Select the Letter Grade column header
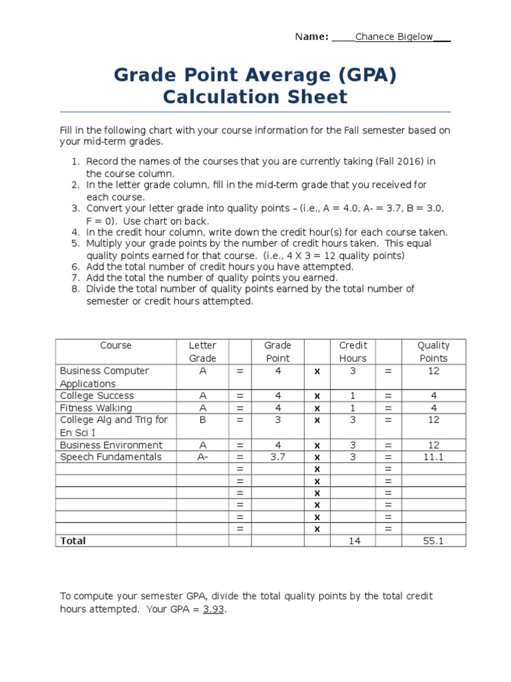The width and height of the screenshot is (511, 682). coord(203,352)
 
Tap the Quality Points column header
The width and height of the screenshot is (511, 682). coord(433,352)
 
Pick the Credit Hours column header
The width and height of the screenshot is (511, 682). coord(353,352)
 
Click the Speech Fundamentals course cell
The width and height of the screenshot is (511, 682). coord(111,457)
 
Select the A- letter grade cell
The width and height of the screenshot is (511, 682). coord(203,457)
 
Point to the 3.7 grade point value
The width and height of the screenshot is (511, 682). coord(278,457)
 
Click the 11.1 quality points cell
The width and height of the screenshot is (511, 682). coord(433,457)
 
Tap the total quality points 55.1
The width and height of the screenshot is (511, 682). coord(433,541)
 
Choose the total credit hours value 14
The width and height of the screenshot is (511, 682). coord(354,541)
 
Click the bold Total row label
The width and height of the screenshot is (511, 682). coord(73,541)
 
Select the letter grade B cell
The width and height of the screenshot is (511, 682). coord(203,420)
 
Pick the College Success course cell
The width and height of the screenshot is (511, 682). coord(97,396)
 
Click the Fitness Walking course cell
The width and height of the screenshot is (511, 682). coord(96,408)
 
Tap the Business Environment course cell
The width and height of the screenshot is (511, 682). coord(111,445)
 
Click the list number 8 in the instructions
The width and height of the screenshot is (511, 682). coord(75,288)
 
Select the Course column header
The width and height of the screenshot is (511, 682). coord(116,346)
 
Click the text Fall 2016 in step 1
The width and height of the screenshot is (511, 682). coord(403,161)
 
